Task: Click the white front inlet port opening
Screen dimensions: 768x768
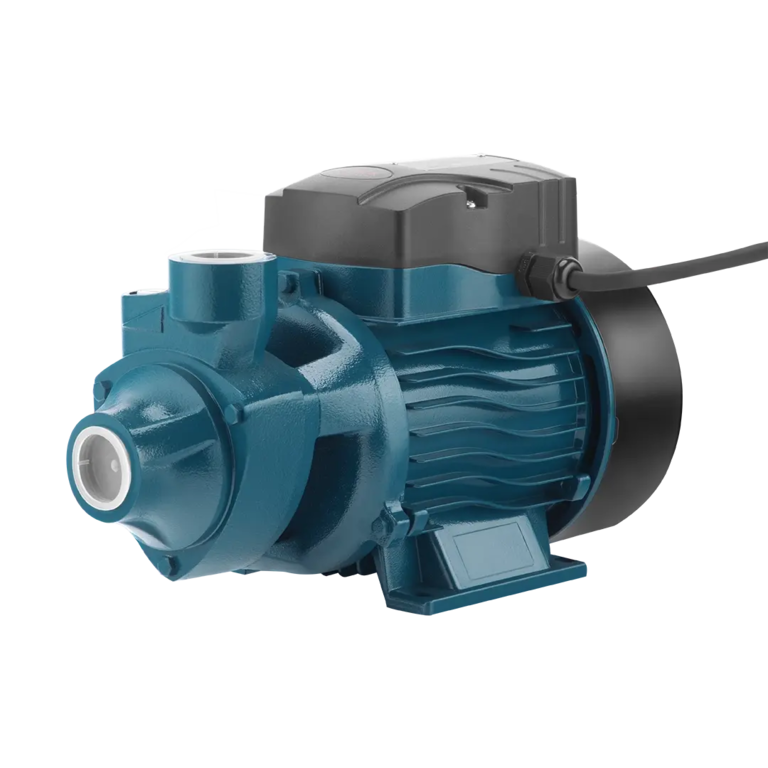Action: pyautogui.click(x=103, y=461)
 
